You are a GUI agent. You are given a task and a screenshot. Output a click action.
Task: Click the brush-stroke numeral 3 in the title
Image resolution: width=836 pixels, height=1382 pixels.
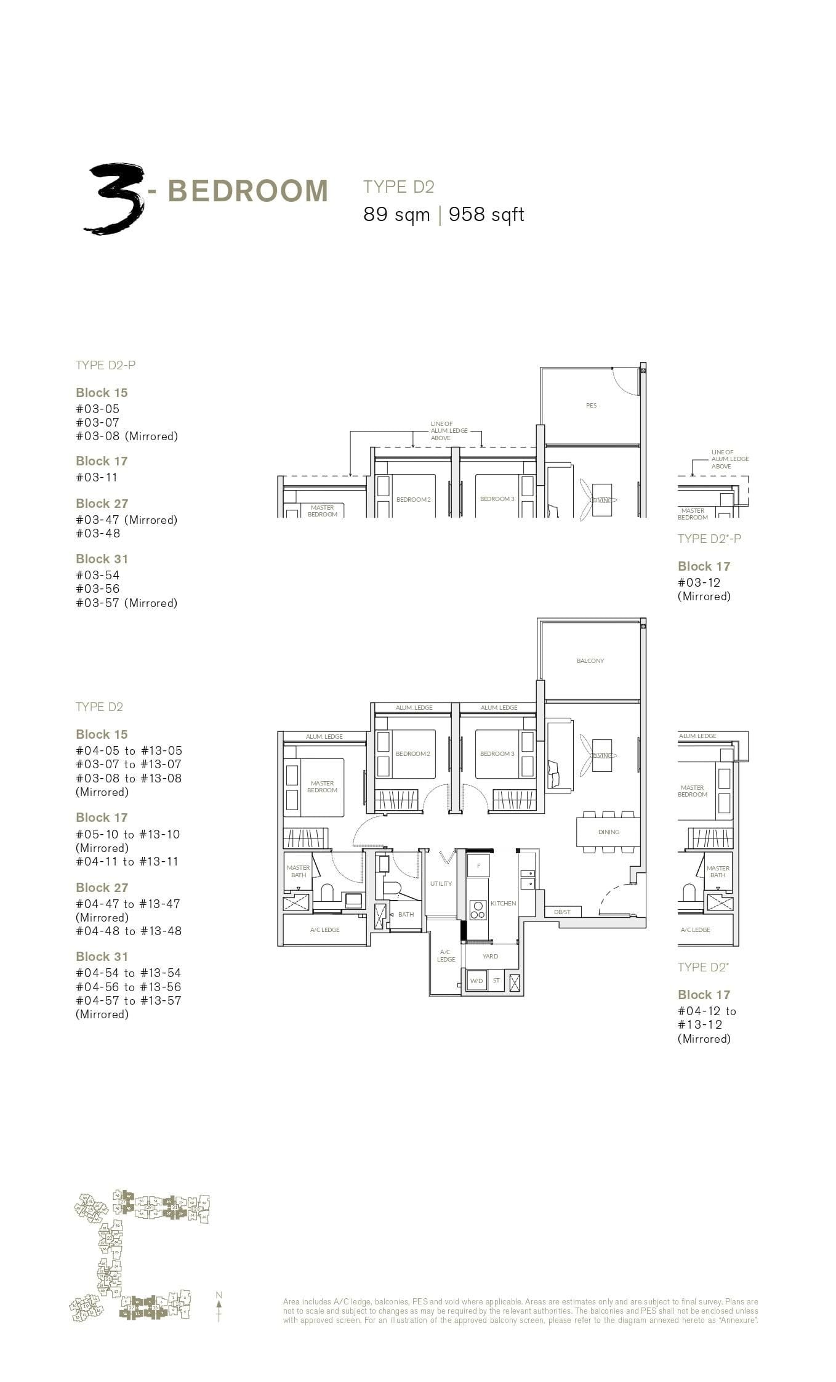(116, 199)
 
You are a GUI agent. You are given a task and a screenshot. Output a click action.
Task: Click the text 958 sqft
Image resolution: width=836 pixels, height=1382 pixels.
(486, 215)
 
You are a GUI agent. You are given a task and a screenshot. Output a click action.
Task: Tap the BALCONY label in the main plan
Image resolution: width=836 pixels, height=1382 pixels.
(590, 661)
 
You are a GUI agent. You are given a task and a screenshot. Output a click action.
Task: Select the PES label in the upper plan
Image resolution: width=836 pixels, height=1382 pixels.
(591, 405)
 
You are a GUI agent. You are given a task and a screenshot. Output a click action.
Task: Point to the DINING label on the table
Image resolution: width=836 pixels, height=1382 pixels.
(608, 832)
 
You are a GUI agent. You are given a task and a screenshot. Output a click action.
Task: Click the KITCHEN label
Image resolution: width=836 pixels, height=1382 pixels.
(503, 903)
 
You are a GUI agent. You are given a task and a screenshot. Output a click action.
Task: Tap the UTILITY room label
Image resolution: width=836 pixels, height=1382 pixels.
(441, 883)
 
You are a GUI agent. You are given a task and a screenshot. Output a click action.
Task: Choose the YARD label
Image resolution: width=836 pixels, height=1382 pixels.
(490, 956)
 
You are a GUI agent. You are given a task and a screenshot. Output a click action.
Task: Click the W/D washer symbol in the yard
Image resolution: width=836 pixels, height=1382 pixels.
(476, 981)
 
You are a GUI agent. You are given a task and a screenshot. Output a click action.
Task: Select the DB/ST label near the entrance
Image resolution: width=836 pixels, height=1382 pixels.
(561, 912)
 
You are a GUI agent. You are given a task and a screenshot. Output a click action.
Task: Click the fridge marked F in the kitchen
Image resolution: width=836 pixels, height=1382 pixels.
(478, 866)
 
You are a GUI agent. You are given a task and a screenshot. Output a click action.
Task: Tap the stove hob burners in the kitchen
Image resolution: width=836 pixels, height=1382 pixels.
(478, 910)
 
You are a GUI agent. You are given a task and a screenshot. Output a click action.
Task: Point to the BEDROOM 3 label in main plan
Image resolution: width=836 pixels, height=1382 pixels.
(497, 753)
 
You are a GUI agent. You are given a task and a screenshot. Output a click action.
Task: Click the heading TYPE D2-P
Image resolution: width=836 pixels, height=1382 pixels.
(105, 365)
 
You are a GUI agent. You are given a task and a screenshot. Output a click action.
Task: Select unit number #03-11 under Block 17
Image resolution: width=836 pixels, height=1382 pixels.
(97, 477)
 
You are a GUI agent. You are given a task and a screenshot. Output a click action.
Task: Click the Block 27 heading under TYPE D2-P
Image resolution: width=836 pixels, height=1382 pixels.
(102, 504)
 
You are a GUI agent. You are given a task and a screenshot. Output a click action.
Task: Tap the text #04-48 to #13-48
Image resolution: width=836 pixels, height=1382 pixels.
(129, 931)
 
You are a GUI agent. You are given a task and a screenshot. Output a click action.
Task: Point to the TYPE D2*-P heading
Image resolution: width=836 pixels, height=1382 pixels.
(709, 539)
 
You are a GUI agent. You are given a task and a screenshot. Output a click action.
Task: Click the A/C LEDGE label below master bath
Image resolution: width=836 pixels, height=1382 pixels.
(325, 930)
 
